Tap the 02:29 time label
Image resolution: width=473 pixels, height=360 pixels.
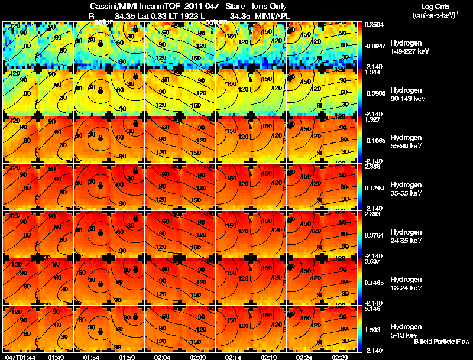pyautogui.click(x=339, y=357)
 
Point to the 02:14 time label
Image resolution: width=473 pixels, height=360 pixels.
pyautogui.click(x=233, y=357)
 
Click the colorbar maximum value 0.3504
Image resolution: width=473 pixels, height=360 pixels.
pyautogui.click(x=374, y=25)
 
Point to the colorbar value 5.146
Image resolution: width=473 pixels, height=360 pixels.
pyautogui.click(x=374, y=309)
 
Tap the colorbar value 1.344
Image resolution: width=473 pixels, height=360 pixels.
pyautogui.click(x=374, y=72)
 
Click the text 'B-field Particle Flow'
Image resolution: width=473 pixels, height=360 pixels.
pyautogui.click(x=442, y=342)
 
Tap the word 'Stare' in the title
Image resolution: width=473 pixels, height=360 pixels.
pyautogui.click(x=235, y=6)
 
